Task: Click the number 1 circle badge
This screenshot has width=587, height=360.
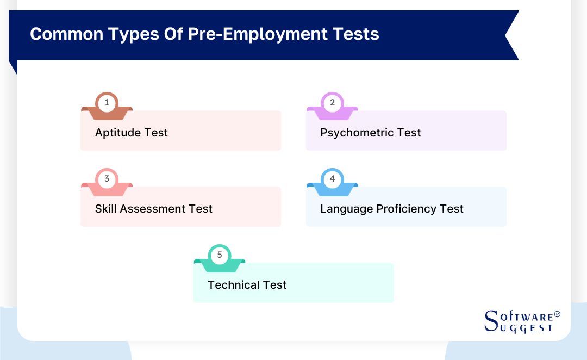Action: [x=107, y=102]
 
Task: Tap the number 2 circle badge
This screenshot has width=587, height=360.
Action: [x=332, y=102]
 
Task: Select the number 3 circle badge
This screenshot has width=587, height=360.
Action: [x=107, y=178]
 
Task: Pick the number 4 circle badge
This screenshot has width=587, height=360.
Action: [x=332, y=178]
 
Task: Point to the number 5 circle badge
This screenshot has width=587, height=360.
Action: [x=220, y=255]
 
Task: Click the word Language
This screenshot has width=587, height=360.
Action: [x=346, y=209]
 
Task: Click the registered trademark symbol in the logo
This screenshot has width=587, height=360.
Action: [x=557, y=315]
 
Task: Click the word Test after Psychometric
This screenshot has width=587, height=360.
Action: [x=409, y=133]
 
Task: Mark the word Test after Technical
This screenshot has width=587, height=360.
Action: [x=274, y=285]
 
